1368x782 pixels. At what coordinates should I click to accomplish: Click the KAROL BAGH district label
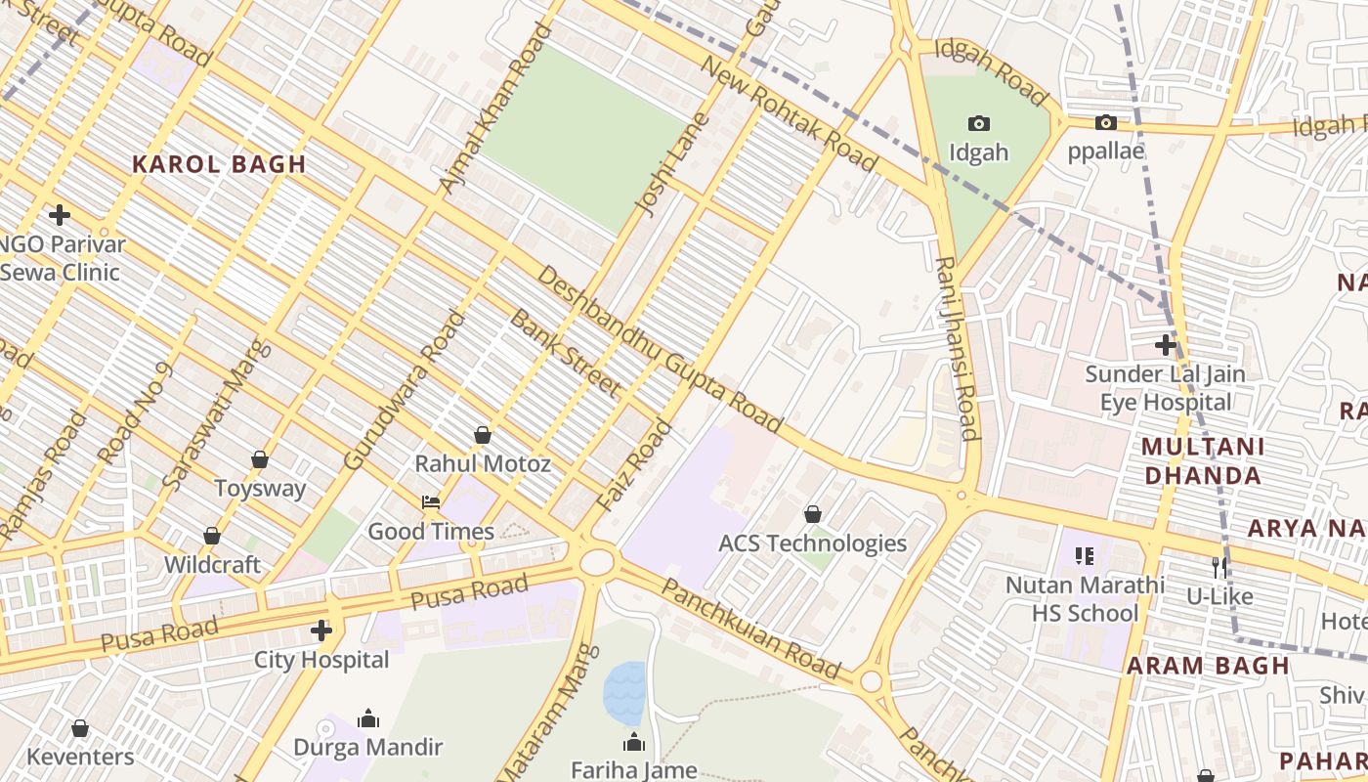[219, 164]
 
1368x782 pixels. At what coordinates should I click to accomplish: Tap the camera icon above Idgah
[978, 123]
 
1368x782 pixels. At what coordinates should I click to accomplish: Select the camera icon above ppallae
[1105, 122]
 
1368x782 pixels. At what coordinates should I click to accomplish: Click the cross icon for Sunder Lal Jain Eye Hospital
[1165, 345]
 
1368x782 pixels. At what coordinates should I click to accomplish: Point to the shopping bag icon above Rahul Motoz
[482, 435]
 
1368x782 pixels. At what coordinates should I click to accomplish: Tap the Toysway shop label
[260, 488]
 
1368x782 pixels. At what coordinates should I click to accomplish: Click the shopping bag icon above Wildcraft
[211, 536]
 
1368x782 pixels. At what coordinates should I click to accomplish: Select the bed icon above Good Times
[430, 502]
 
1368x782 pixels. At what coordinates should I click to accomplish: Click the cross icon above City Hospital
[321, 630]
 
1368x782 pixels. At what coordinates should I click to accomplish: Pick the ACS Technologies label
[812, 543]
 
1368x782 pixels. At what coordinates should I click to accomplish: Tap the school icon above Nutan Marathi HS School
[1085, 556]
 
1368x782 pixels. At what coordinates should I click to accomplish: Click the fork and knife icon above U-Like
[1218, 567]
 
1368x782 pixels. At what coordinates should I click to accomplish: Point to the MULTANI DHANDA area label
[1202, 461]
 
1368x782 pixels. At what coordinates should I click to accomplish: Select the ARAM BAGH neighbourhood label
[1208, 666]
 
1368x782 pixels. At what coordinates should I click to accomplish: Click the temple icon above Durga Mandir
[367, 719]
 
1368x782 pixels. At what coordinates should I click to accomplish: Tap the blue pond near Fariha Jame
[624, 692]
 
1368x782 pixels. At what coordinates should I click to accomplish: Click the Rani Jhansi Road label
[957, 348]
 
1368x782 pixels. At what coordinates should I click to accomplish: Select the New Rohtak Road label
[790, 114]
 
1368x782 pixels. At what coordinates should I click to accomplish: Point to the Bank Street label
[565, 354]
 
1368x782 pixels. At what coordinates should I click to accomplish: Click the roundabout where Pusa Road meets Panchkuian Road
[595, 562]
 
